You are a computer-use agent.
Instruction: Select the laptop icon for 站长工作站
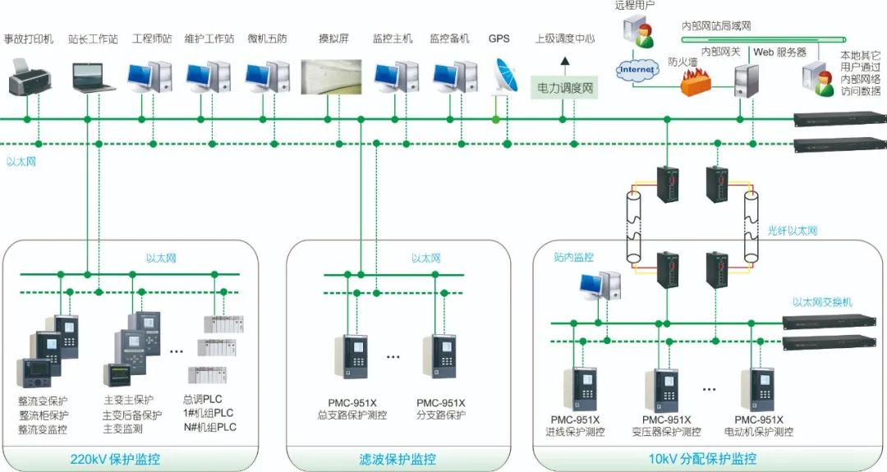(x=91, y=76)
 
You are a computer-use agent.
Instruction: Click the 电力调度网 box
(x=565, y=85)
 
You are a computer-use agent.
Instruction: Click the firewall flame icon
(x=699, y=82)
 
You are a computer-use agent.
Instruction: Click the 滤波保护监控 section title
(x=398, y=458)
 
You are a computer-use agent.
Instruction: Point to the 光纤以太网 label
(x=792, y=231)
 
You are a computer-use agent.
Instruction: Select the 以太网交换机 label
(x=821, y=302)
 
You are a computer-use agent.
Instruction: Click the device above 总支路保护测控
(x=352, y=356)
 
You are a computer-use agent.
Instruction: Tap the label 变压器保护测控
(x=666, y=432)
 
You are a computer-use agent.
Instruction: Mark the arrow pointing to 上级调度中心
(x=564, y=61)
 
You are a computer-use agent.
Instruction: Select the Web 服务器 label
(x=779, y=52)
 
